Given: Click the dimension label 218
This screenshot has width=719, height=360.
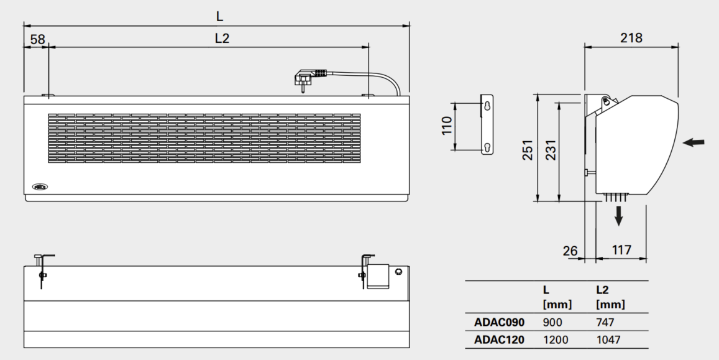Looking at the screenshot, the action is pos(631,37).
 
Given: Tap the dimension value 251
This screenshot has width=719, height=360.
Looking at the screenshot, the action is pos(528,149).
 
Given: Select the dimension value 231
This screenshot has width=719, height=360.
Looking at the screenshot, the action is pos(550,149).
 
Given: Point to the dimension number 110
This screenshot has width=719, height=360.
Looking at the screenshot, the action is pos(446,126).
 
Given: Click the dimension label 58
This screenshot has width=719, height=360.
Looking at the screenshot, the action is pos(38,39).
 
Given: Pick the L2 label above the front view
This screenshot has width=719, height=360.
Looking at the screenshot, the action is pos(222,38).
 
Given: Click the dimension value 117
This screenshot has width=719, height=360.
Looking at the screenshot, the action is pos(621,250).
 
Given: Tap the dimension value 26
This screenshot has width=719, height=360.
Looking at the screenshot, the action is pos(570,251).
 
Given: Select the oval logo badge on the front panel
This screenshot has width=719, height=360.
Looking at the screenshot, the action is pos(40,187).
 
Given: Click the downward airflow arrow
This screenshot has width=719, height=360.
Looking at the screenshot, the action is pos(618,216).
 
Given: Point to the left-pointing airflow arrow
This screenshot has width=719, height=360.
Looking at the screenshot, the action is pos(694,142).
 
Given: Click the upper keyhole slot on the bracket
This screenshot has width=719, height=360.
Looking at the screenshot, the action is pos(487,106).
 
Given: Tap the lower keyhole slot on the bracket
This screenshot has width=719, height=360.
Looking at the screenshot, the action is pos(487,148).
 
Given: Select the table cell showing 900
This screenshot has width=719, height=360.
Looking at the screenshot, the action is pos(552,323).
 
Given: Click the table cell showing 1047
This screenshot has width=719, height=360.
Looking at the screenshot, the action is pos(608,340).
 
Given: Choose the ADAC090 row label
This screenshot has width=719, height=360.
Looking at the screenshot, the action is pos(500,323).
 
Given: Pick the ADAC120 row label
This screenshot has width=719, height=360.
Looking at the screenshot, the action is pos(500,340).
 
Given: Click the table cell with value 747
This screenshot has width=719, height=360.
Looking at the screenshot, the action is pos(605,323).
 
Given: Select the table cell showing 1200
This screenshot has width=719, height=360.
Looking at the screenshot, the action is pos(556,340).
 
